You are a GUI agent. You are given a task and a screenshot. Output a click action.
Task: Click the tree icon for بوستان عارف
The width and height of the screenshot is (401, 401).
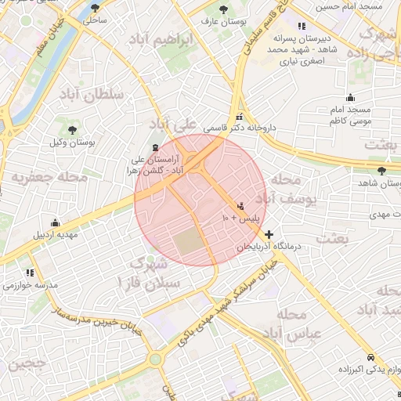pos(224,9)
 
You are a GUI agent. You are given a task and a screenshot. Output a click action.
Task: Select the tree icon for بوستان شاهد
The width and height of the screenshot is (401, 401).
pos(381,170)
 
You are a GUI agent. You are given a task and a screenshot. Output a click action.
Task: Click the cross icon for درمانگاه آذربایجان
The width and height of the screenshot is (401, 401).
pos(269,234)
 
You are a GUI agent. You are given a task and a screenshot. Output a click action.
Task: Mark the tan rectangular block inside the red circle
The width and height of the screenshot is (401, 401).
pos(188,244)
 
